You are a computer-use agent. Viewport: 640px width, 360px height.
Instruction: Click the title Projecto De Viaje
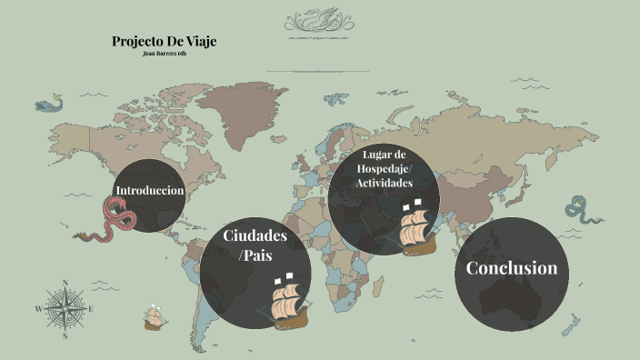[x=164, y=41]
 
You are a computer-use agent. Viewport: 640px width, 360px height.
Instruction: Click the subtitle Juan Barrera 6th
[x=164, y=55]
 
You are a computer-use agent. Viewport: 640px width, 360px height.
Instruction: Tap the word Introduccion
[x=150, y=191]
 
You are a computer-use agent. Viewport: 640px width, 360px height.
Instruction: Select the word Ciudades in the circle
[x=255, y=236]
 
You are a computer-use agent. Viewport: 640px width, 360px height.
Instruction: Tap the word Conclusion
[x=511, y=268]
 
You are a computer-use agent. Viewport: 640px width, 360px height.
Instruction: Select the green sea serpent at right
[x=578, y=210]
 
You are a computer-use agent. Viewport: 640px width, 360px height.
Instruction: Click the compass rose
[x=65, y=309]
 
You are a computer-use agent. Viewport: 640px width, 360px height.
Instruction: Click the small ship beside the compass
[x=154, y=317]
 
